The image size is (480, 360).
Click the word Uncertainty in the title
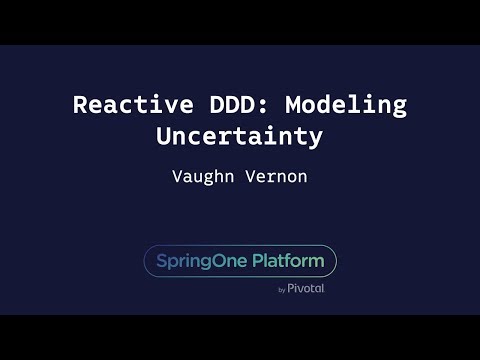click(x=239, y=137)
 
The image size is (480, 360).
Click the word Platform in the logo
click(x=288, y=261)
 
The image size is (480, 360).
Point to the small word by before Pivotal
click(x=282, y=290)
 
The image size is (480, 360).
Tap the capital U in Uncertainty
click(x=163, y=137)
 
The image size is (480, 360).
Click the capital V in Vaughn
click(x=178, y=176)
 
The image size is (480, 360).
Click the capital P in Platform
click(x=258, y=261)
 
